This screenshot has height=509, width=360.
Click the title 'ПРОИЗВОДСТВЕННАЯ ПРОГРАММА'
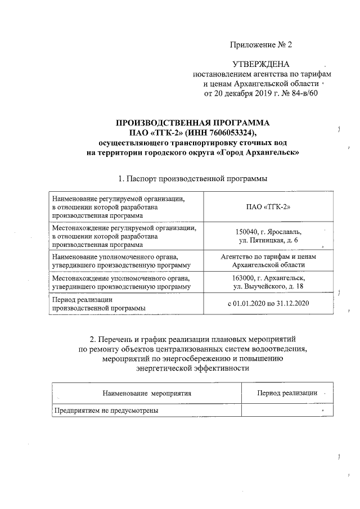pos(193,123)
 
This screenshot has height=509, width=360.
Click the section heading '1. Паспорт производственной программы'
pos(192,178)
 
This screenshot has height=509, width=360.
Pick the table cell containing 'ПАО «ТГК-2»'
pos(268,207)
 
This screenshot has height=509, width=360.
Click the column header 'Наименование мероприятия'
pos(147,393)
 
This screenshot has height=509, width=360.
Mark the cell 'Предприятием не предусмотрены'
pos(106,411)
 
